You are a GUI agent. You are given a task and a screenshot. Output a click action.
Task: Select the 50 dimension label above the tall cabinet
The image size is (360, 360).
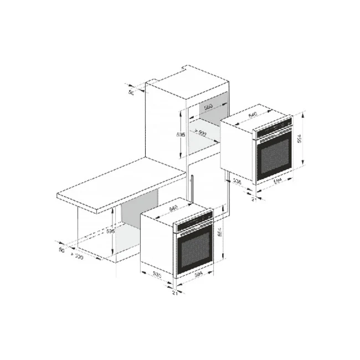(132, 92)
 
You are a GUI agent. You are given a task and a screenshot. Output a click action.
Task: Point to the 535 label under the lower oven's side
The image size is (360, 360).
(157, 274)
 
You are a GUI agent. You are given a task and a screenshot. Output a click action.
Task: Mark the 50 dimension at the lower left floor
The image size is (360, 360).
(62, 251)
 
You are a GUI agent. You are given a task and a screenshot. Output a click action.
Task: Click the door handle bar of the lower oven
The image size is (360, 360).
(194, 232)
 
